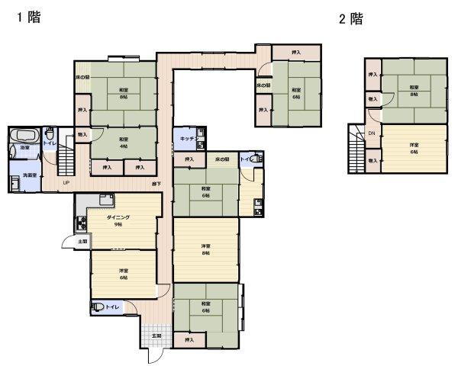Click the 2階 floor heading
point(350,20)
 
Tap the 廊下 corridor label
point(156,184)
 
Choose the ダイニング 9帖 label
point(118,220)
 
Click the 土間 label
point(82,242)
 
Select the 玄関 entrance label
point(156,335)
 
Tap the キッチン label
point(186,138)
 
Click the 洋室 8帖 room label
point(205,249)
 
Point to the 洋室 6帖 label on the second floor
point(414,148)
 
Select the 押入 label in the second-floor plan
point(373,75)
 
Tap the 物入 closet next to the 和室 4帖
point(82,135)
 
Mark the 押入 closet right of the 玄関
point(189,339)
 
